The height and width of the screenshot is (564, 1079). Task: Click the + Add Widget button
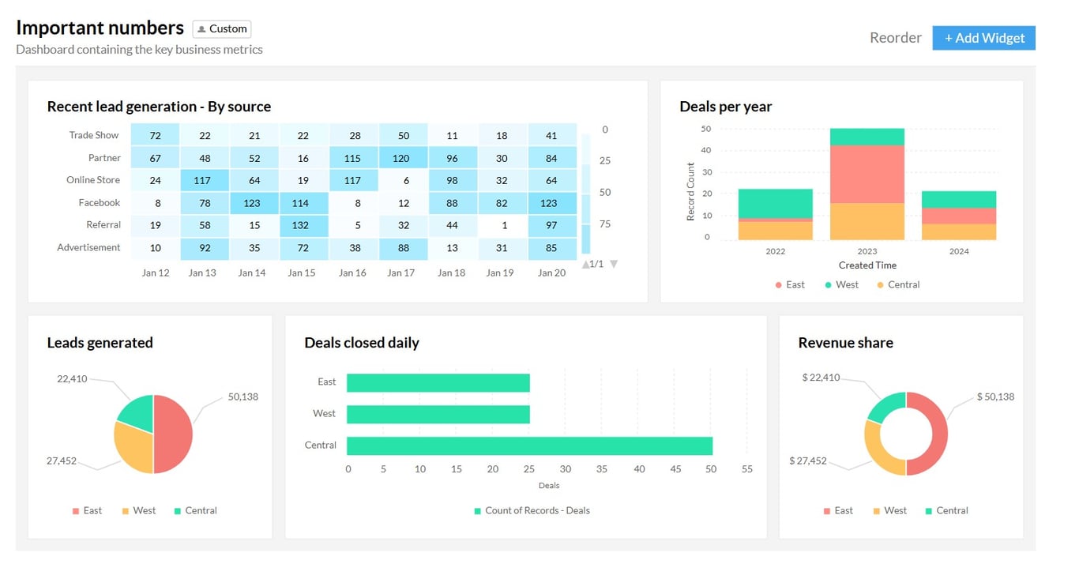[x=983, y=38]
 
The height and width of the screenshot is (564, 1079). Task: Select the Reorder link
[x=895, y=38]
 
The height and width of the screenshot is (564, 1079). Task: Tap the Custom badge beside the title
[x=222, y=29]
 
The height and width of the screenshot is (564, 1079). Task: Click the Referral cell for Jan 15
[x=303, y=225]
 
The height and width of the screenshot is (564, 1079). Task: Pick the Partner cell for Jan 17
[x=403, y=158]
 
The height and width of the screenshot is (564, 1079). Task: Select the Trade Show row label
[x=93, y=135]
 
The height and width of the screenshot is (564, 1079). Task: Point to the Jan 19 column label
[x=499, y=273]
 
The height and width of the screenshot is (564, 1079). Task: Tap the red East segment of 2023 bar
[x=867, y=174]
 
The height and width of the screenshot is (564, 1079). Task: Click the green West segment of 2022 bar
[x=775, y=203]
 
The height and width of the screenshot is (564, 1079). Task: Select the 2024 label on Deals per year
[x=959, y=251]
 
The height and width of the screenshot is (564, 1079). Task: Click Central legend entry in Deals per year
[x=898, y=284]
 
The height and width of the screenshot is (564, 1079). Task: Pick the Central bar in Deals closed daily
[x=529, y=446]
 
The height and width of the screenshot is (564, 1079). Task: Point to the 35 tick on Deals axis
[x=602, y=469]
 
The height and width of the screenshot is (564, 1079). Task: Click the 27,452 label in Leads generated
[x=61, y=461]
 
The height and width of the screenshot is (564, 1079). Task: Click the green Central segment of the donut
[x=885, y=406]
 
